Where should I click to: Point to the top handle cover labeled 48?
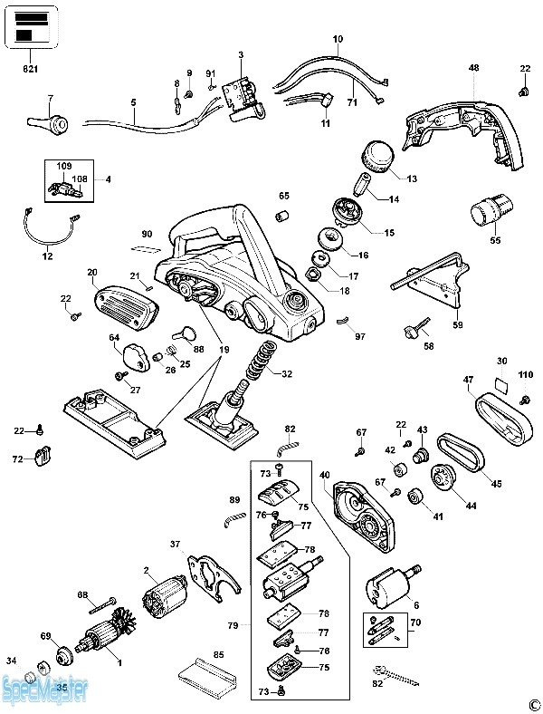coord(466,128)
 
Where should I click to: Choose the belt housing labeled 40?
coord(365,519)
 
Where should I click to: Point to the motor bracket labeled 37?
coord(212,576)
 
